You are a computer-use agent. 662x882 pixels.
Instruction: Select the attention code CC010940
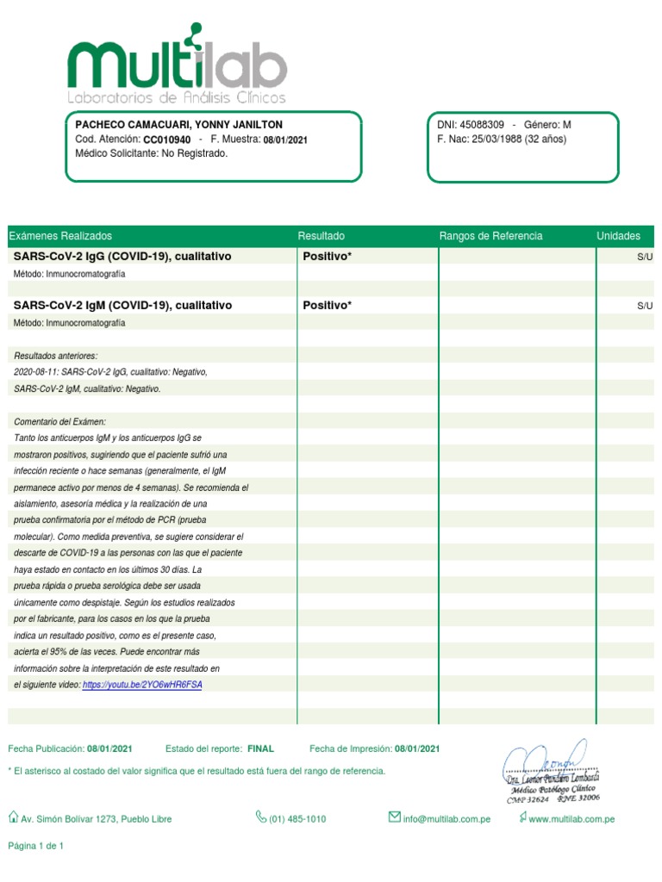166,140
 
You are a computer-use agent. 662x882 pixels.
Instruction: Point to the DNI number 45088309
482,125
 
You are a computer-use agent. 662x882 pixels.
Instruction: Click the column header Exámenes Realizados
60,236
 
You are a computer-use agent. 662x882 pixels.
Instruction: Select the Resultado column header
321,236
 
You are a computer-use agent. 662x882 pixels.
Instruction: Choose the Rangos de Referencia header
490,236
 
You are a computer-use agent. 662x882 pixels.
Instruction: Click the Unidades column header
618,236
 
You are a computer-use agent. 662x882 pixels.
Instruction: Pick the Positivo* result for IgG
328,257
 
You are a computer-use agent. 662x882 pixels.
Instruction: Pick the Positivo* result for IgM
328,306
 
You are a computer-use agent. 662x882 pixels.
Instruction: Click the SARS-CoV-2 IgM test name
122,306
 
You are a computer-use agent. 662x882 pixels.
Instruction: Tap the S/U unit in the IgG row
645,258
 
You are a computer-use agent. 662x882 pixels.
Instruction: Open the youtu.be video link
142,685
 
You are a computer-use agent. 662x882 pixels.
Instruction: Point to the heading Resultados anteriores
56,356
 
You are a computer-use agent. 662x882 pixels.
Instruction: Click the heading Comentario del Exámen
60,421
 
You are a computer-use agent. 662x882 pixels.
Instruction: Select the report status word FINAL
260,749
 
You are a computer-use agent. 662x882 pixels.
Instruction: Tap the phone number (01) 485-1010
297,819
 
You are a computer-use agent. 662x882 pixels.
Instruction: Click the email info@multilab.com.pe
447,819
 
